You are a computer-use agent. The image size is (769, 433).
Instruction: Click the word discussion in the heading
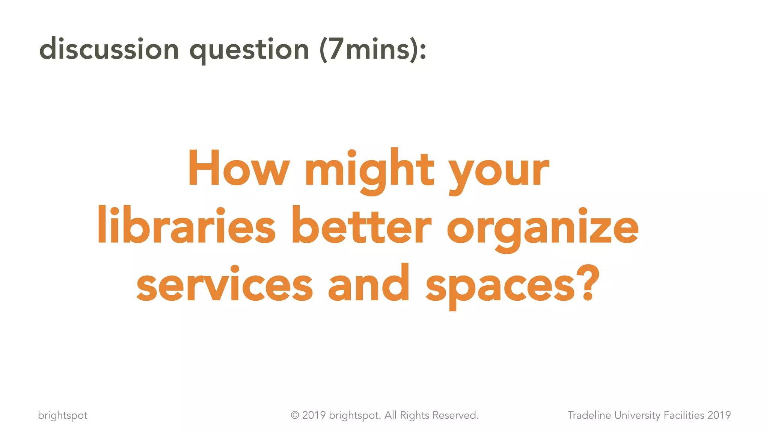(109, 49)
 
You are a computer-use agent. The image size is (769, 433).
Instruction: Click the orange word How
(238, 168)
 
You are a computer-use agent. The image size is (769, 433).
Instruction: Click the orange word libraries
(187, 226)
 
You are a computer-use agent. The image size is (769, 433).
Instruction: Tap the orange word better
(361, 226)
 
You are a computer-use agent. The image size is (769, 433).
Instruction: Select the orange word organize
(543, 229)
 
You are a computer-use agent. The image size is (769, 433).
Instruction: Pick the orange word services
(225, 284)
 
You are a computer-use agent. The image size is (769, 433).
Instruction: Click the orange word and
(369, 283)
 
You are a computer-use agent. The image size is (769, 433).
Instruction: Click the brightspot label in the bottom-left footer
(63, 415)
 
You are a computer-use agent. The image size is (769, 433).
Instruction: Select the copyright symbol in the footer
(295, 415)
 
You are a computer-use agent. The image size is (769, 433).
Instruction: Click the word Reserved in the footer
(455, 415)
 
